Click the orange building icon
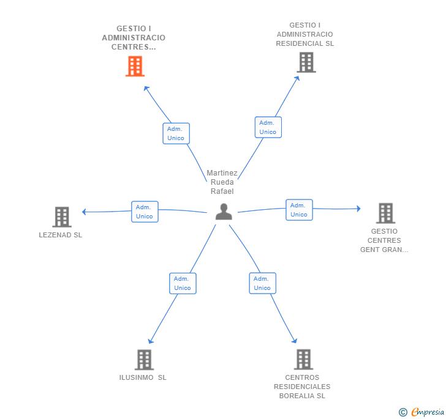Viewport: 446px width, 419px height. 135,66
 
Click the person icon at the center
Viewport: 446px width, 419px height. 224,212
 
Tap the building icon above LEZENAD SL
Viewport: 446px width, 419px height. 62,217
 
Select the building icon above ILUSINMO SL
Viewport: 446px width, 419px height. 144,360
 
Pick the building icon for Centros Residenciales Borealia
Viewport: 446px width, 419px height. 303,360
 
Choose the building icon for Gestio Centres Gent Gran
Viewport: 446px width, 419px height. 385,213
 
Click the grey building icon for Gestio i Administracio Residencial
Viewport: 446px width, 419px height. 306,62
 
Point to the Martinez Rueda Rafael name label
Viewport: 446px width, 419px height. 222,182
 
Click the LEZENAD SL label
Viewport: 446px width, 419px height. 60,235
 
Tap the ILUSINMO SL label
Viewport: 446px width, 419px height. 143,377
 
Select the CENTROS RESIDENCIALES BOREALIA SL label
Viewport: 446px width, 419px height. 302,387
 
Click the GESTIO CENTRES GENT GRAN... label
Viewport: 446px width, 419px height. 384,240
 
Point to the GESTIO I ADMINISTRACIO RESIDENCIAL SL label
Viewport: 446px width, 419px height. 304,34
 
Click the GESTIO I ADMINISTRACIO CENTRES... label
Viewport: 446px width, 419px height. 134,37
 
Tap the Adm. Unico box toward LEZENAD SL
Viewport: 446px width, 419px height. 145,212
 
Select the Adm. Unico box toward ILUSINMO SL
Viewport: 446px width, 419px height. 183,283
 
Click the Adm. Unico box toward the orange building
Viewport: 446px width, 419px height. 176,133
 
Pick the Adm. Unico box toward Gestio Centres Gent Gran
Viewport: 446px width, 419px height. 299,210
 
